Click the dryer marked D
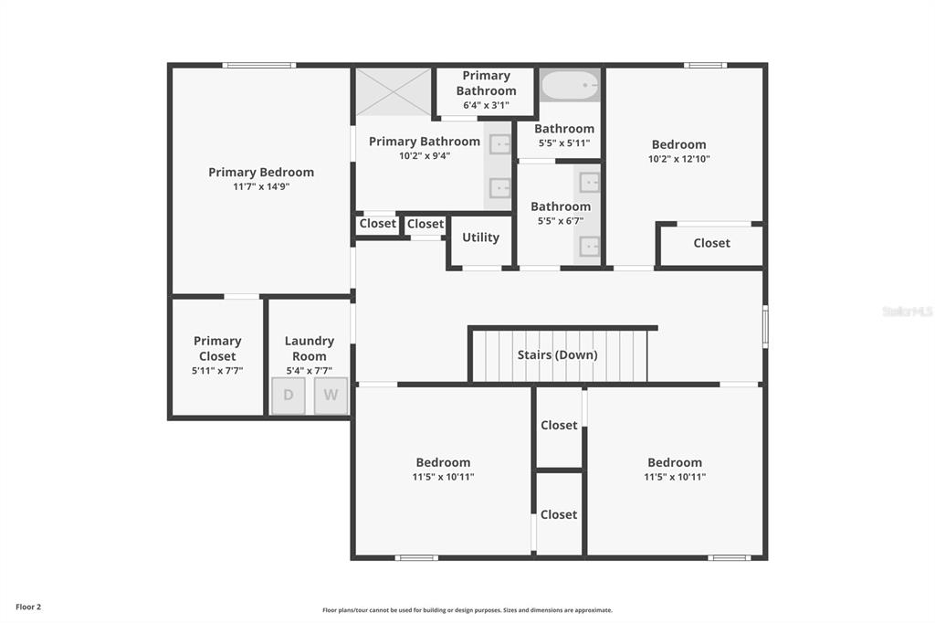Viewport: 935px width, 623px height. [x=288, y=395]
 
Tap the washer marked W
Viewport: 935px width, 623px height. [x=331, y=395]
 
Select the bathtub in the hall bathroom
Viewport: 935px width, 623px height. [x=570, y=85]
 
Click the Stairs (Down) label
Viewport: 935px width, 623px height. [x=558, y=354]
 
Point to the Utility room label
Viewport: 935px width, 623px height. [x=480, y=238]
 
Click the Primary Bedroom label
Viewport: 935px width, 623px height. [x=261, y=172]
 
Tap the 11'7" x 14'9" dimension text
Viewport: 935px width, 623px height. [x=261, y=186]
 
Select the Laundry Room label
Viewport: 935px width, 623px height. [x=309, y=348]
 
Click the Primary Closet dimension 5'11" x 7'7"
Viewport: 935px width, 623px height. [x=217, y=371]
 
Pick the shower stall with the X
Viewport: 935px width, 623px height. [x=393, y=92]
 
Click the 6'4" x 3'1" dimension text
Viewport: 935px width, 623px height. [x=486, y=105]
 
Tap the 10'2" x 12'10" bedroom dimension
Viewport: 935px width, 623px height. [x=679, y=159]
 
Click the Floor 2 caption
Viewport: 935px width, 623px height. [x=28, y=607]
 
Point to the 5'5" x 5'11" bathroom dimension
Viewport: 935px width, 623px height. [x=564, y=143]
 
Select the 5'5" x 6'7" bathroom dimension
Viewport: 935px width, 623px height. [x=561, y=221]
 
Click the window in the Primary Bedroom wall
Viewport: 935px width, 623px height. [x=258, y=65]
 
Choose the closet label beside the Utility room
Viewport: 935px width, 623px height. [x=425, y=224]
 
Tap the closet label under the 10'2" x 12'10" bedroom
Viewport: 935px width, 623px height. [x=711, y=243]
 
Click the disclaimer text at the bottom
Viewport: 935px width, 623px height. [x=467, y=610]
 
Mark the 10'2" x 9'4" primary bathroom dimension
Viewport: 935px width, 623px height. [x=425, y=156]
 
